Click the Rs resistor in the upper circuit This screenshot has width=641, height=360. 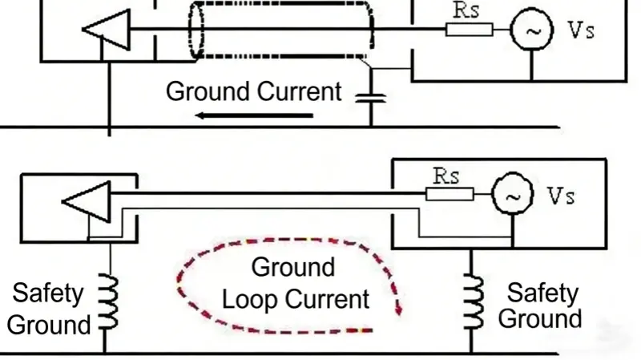click(469, 30)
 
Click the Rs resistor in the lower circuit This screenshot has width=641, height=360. click(450, 194)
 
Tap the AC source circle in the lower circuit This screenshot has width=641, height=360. click(510, 194)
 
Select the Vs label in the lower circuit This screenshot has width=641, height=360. click(560, 195)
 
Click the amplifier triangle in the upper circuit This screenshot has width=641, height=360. click(100, 30)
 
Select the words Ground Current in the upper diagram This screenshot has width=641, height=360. click(253, 91)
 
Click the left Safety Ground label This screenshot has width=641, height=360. click(48, 309)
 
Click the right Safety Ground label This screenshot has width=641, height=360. click(542, 305)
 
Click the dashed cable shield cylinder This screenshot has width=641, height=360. click(280, 30)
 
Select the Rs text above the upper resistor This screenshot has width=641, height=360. click(468, 10)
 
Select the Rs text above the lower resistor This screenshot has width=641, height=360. click(447, 176)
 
